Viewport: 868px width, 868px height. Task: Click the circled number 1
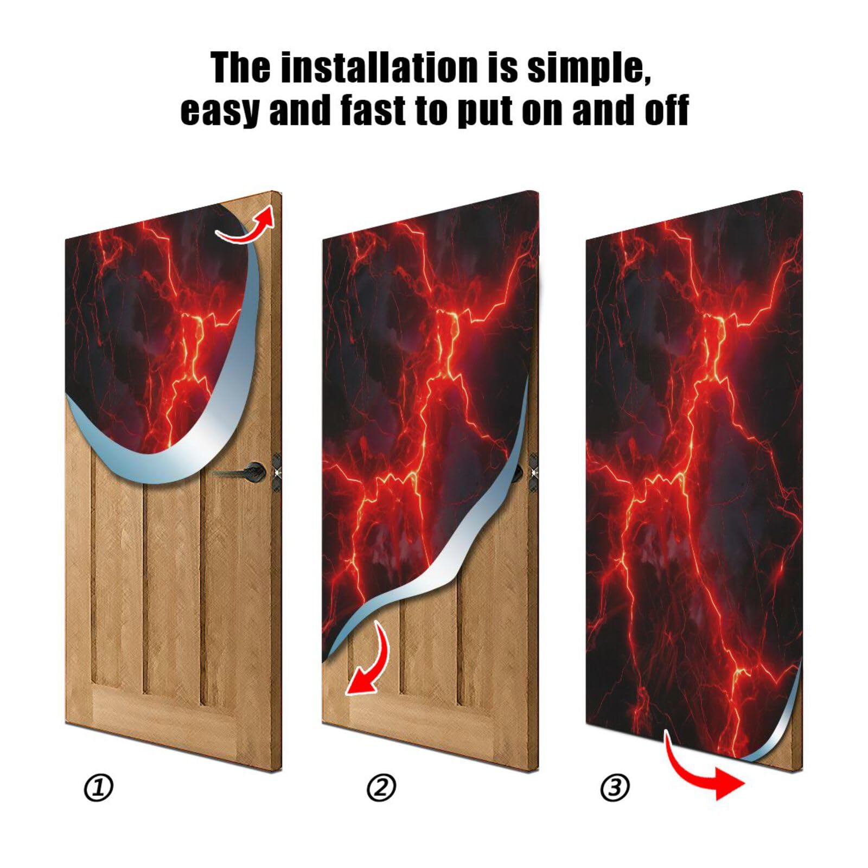tap(98, 788)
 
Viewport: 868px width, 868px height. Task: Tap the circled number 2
tap(381, 788)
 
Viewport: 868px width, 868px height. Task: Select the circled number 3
tap(615, 787)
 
